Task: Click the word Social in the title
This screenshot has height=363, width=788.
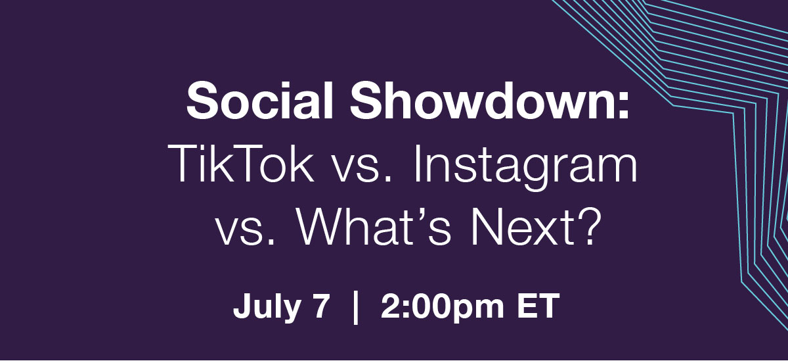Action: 259,101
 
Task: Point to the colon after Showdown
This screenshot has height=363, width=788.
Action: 622,106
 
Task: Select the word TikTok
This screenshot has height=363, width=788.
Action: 240,163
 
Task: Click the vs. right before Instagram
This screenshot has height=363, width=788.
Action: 362,168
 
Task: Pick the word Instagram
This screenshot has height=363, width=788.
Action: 525,168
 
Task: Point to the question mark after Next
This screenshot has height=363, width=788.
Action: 590,225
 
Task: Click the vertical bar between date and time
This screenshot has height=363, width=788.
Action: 356,307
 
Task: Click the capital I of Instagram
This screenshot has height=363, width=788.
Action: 418,163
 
